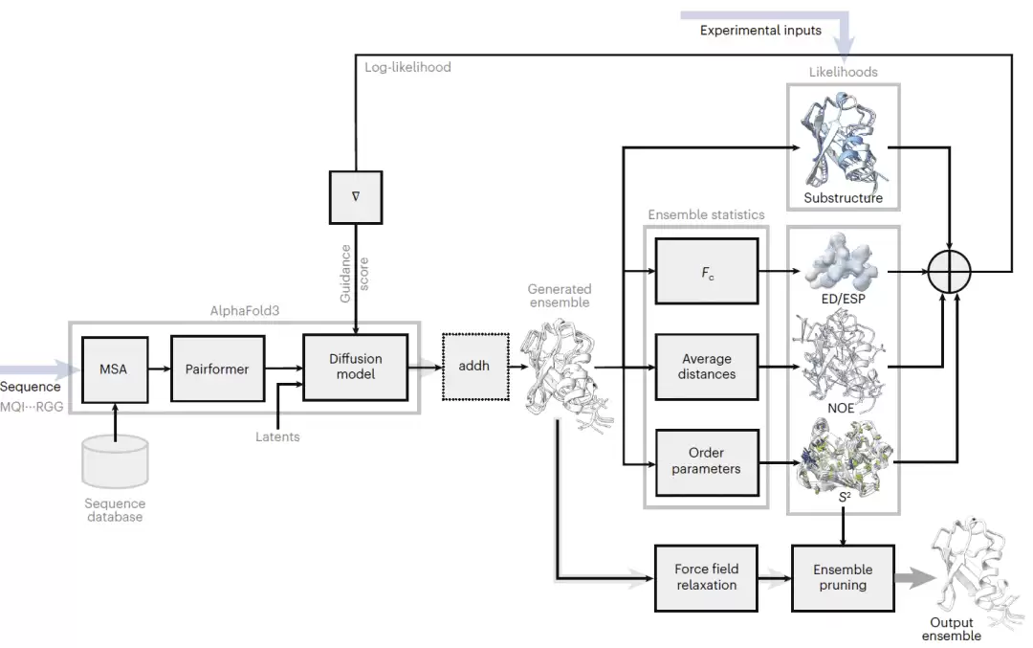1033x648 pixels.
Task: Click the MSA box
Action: (115, 369)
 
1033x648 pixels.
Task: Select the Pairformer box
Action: (217, 369)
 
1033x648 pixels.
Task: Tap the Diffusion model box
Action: (355, 367)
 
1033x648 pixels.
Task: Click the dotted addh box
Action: (475, 366)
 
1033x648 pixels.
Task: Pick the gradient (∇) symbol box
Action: (356, 197)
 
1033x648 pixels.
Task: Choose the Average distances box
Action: (706, 367)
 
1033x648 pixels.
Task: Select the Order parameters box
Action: (706, 461)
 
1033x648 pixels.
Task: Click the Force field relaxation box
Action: (706, 577)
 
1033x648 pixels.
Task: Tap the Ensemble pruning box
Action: (843, 577)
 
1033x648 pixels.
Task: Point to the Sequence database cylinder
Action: (116, 460)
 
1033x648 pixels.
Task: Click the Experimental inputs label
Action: (760, 31)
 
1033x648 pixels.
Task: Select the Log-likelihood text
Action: (407, 67)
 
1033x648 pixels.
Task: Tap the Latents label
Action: (277, 436)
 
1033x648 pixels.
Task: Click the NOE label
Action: (841, 408)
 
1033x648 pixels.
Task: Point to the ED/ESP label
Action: (844, 299)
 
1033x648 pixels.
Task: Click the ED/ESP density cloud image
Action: (843, 261)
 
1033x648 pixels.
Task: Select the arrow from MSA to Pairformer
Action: (160, 369)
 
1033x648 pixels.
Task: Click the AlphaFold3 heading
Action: (245, 310)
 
